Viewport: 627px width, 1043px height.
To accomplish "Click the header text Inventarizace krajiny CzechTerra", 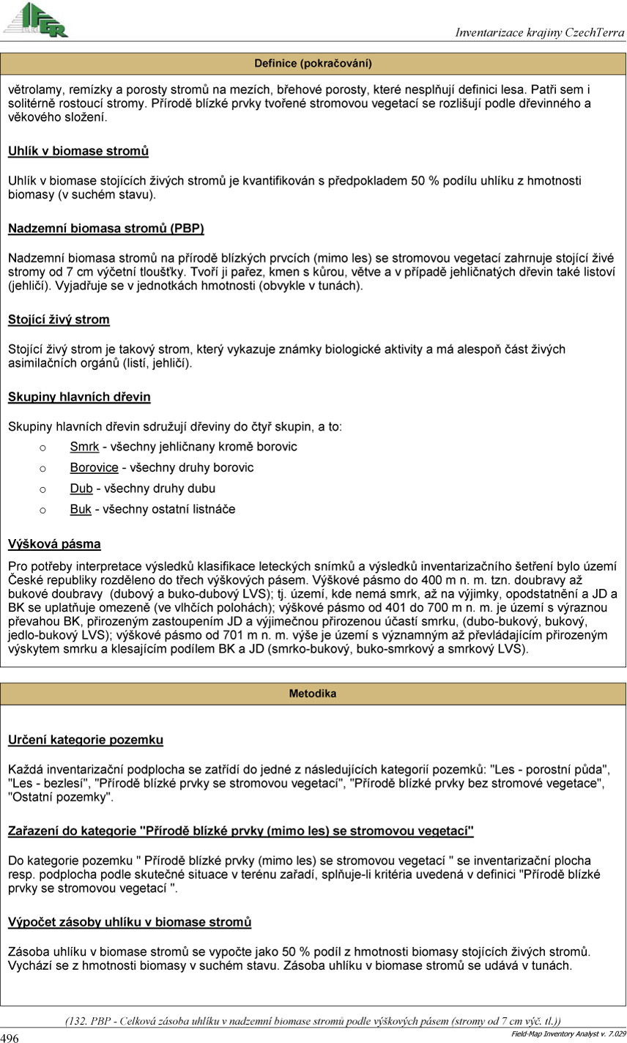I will tap(539, 32).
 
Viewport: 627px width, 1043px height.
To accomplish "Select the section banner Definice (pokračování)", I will tap(313, 63).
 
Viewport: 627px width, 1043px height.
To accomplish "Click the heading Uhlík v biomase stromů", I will tap(78, 152).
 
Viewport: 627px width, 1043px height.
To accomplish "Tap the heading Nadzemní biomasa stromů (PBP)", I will tap(106, 229).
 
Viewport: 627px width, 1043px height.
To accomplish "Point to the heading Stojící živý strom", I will tap(59, 320).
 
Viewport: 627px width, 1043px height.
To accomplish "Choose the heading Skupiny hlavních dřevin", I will tap(79, 397).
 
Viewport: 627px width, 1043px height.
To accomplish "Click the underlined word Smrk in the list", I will tap(84, 447).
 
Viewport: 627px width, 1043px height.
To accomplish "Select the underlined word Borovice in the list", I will tap(94, 467).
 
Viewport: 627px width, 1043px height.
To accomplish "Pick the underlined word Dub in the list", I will tap(81, 489).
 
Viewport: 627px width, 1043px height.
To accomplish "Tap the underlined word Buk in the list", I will tap(81, 509).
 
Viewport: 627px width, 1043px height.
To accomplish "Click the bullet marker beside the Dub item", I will tap(42, 489).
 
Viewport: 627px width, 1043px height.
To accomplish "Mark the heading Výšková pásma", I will tap(54, 544).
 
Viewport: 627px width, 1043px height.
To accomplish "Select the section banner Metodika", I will tap(313, 693).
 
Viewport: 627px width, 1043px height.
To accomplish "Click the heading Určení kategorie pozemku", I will tap(86, 740).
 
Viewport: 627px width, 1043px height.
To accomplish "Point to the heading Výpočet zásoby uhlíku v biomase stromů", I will tap(130, 921).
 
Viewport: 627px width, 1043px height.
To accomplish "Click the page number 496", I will tap(10, 1038).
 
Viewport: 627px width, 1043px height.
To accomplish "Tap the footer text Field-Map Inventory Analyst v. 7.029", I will tap(567, 1033).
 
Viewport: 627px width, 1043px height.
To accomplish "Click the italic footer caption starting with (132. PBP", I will tap(313, 1021).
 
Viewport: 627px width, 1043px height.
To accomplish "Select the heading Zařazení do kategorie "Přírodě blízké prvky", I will tap(241, 831).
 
